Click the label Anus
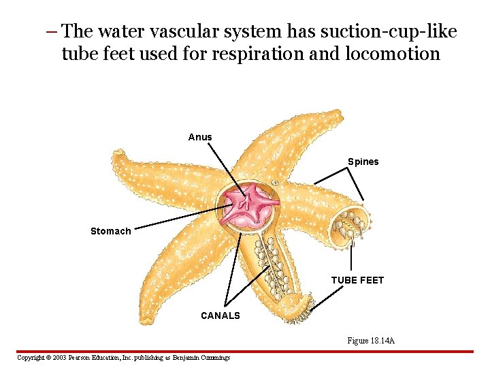(x=200, y=137)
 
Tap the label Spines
(x=363, y=162)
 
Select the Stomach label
(x=110, y=231)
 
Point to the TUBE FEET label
(x=357, y=280)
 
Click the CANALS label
(x=220, y=316)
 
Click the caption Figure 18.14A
(x=371, y=340)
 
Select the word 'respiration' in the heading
(x=255, y=54)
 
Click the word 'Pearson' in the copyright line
(x=84, y=357)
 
